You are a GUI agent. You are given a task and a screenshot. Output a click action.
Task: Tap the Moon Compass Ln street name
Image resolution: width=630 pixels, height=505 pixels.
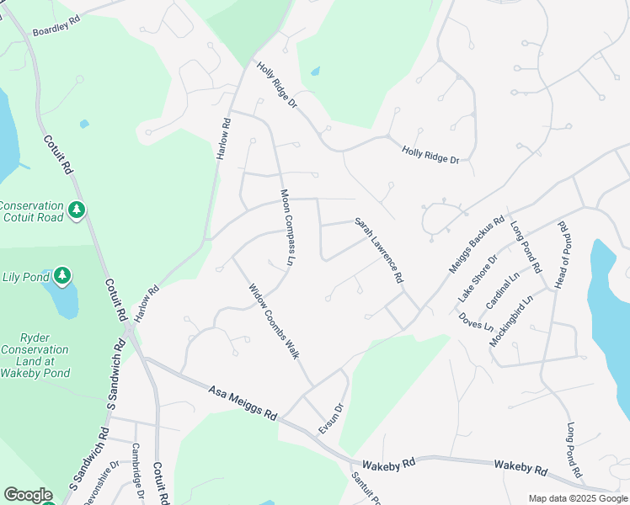[290, 228]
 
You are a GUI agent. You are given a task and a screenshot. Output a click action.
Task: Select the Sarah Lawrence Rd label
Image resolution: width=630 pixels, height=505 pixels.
[379, 250]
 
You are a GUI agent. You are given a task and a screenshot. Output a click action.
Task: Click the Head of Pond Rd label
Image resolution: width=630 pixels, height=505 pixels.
[563, 253]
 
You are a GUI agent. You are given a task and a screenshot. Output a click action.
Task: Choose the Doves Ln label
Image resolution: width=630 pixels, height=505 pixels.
[476, 322]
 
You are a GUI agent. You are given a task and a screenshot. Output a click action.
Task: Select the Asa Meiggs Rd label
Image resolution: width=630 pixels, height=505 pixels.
[243, 402]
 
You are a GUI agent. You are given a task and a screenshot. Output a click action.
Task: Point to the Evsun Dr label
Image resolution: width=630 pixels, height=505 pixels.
[332, 418]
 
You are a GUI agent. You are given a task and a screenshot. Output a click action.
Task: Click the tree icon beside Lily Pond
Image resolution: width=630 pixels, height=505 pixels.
[61, 275]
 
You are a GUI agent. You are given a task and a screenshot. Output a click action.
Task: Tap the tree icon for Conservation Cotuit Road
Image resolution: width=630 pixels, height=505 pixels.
[77, 209]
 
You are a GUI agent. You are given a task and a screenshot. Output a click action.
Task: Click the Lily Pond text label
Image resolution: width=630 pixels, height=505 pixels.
[23, 276]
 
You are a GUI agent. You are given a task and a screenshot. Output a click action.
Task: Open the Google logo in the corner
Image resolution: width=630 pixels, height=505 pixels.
[28, 495]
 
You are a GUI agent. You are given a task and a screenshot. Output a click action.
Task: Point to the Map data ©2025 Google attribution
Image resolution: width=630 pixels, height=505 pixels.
[577, 498]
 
